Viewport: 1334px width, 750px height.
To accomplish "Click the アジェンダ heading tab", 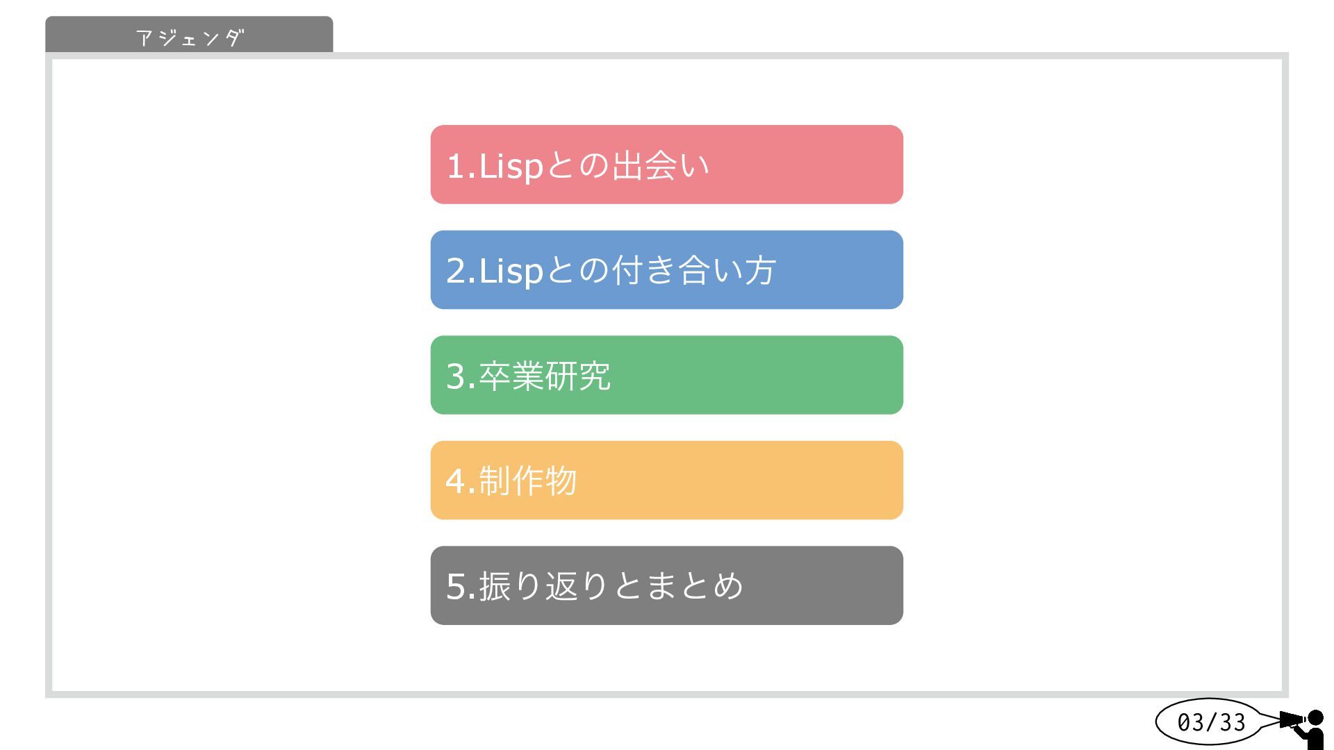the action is pyautogui.click(x=189, y=36).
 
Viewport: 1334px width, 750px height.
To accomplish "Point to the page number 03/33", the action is pyautogui.click(x=1211, y=722).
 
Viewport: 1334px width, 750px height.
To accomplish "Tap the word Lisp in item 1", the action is pyautogui.click(x=511, y=167).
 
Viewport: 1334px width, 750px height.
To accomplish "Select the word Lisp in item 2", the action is pyautogui.click(x=511, y=272).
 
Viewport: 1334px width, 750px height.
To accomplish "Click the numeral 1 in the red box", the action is pyautogui.click(x=455, y=167).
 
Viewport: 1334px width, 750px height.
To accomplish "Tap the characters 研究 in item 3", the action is pyautogui.click(x=578, y=376).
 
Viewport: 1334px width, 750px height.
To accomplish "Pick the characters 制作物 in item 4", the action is pyautogui.click(x=528, y=481).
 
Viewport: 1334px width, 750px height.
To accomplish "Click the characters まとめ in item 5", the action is pyautogui.click(x=694, y=585).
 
